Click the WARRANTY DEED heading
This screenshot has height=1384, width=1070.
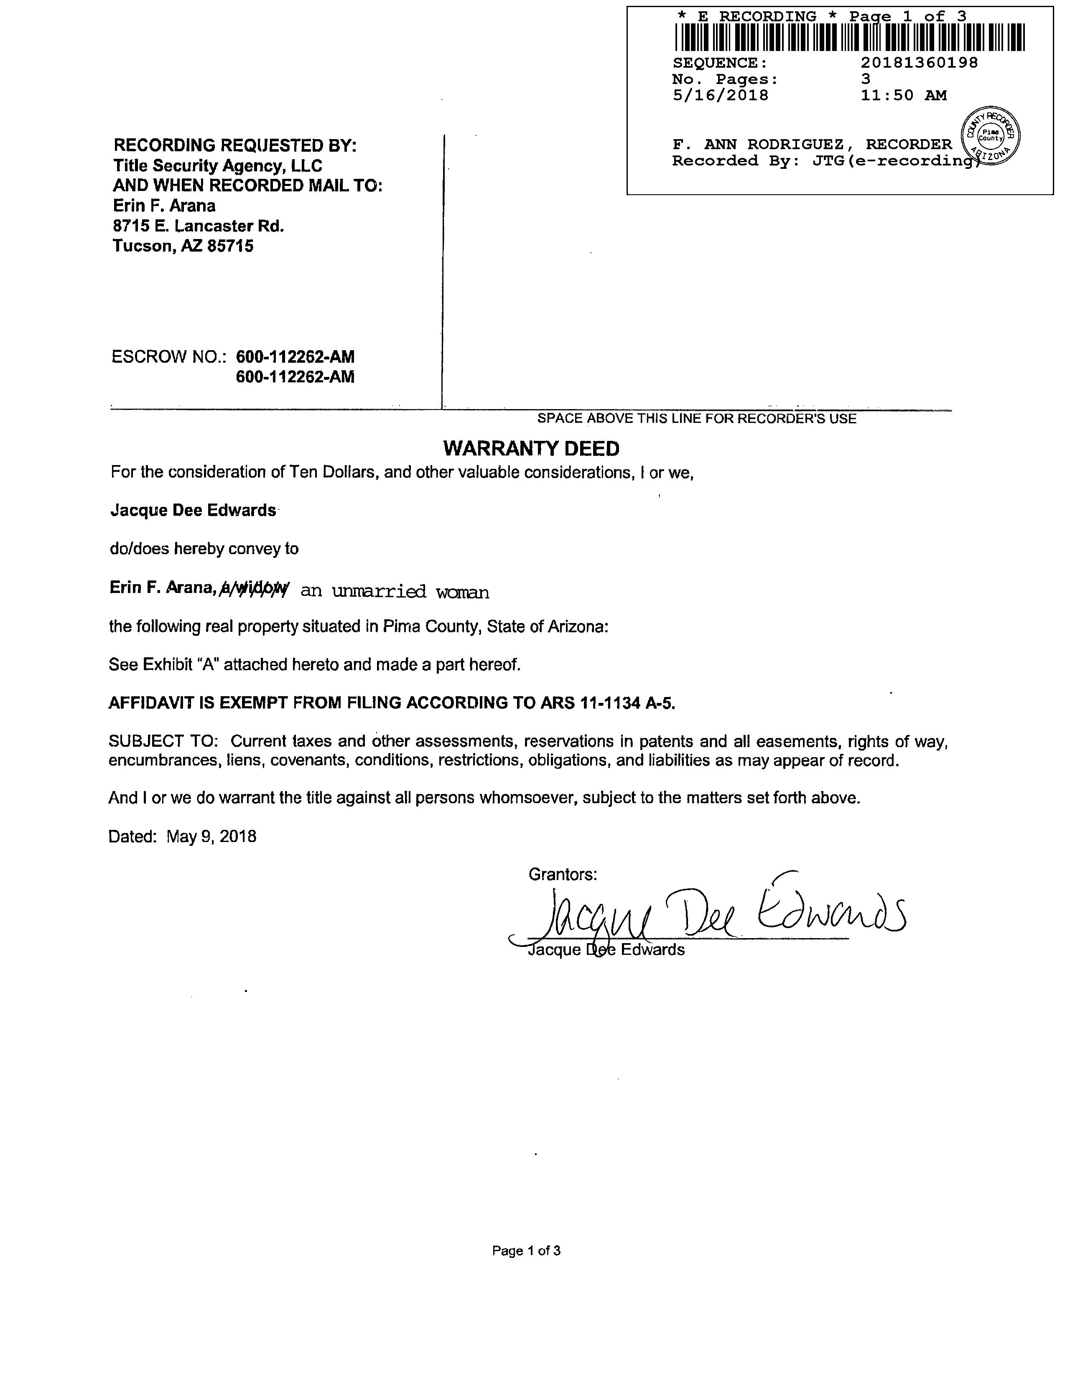(531, 449)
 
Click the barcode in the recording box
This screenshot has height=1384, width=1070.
(849, 37)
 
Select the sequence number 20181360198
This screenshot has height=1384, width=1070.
(919, 63)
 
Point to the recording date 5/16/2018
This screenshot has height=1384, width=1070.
(720, 96)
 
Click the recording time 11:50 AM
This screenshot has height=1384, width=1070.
(903, 96)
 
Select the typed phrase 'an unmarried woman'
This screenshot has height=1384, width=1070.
(394, 591)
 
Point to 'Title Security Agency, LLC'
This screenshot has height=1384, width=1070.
(217, 166)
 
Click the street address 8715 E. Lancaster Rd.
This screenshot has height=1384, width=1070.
(199, 226)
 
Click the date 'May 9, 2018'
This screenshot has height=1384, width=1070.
(212, 837)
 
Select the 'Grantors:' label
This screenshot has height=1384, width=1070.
(562, 875)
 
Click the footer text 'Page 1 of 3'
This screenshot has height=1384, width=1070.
(526, 1250)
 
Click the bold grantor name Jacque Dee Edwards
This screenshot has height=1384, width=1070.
(194, 510)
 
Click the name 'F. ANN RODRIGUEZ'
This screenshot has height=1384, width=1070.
(758, 145)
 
